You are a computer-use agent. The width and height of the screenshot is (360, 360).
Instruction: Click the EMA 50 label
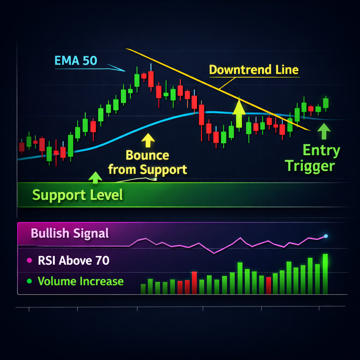click(76, 60)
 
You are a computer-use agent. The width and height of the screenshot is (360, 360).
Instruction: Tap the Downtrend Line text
click(254, 70)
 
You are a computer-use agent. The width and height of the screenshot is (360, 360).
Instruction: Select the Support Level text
click(78, 195)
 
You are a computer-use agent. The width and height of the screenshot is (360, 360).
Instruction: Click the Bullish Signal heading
click(70, 233)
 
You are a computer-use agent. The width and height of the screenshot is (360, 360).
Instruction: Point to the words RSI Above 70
click(74, 261)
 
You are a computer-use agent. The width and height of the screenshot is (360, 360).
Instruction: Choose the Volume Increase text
click(81, 281)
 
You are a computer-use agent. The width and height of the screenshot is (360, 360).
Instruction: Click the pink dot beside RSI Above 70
click(30, 261)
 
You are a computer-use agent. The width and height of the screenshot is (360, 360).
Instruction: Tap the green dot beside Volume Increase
click(30, 281)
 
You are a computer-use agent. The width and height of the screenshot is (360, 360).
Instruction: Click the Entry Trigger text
click(312, 158)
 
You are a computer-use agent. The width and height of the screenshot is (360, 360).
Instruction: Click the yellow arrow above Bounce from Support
click(148, 140)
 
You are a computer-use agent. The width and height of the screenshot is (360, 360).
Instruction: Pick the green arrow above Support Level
click(95, 178)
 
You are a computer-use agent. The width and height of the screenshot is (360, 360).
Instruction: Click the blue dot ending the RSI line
click(326, 236)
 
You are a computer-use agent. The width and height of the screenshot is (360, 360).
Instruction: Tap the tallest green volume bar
click(325, 274)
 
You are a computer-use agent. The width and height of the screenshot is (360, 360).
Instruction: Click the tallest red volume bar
click(194, 283)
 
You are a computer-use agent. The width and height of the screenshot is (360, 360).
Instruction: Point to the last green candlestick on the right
click(326, 103)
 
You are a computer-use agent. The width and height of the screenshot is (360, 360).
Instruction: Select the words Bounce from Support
click(148, 162)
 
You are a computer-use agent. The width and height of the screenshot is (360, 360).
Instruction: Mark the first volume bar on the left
click(143, 289)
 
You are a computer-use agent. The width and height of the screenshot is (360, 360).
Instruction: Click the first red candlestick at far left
click(21, 147)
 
